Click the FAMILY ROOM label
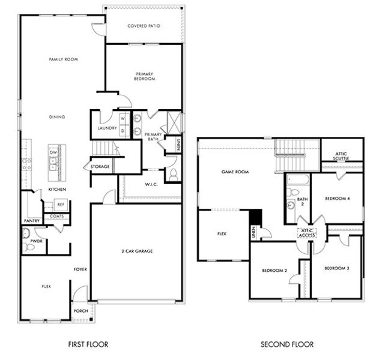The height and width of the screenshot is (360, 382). (64, 59)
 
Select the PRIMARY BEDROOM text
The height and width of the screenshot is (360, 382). (145, 76)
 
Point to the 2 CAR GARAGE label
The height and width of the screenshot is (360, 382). (136, 251)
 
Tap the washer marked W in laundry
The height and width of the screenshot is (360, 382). (123, 118)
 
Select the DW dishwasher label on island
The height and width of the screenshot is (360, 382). (53, 152)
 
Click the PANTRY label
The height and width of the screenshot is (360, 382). (32, 221)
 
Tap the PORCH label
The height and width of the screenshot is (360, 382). (80, 311)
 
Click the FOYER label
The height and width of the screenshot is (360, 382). (80, 269)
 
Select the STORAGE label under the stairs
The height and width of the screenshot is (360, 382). (100, 166)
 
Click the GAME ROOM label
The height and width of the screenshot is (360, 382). (235, 172)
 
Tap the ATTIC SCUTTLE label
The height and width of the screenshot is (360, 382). (342, 156)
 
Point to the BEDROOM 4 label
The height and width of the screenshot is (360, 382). (337, 199)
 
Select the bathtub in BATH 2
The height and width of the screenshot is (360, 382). (296, 180)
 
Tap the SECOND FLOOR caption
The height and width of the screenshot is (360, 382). (286, 345)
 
